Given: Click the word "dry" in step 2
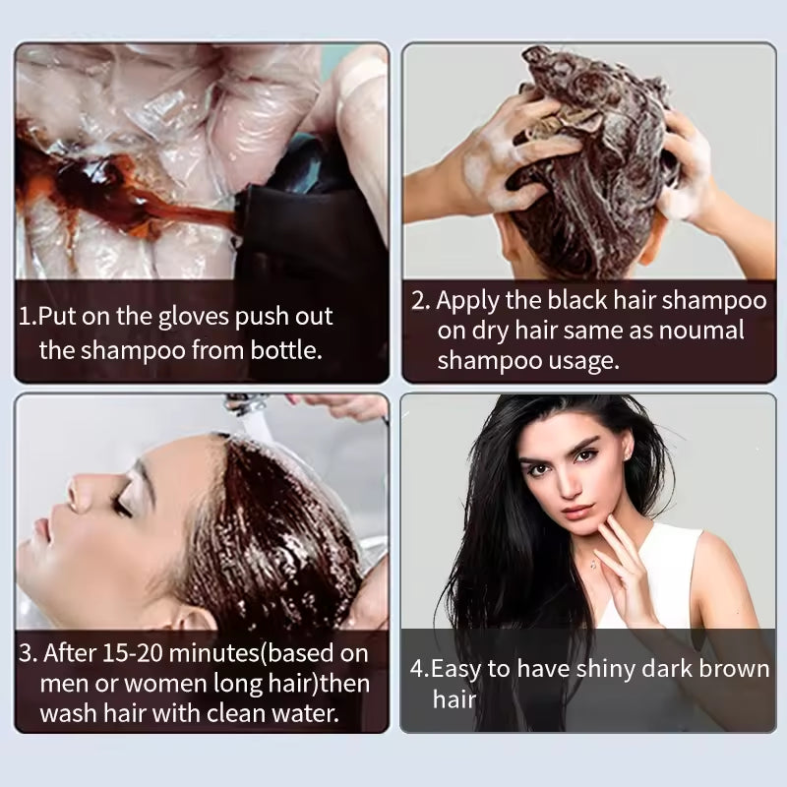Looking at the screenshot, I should click(491, 331).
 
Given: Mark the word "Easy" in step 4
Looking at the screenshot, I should click(457, 670).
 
